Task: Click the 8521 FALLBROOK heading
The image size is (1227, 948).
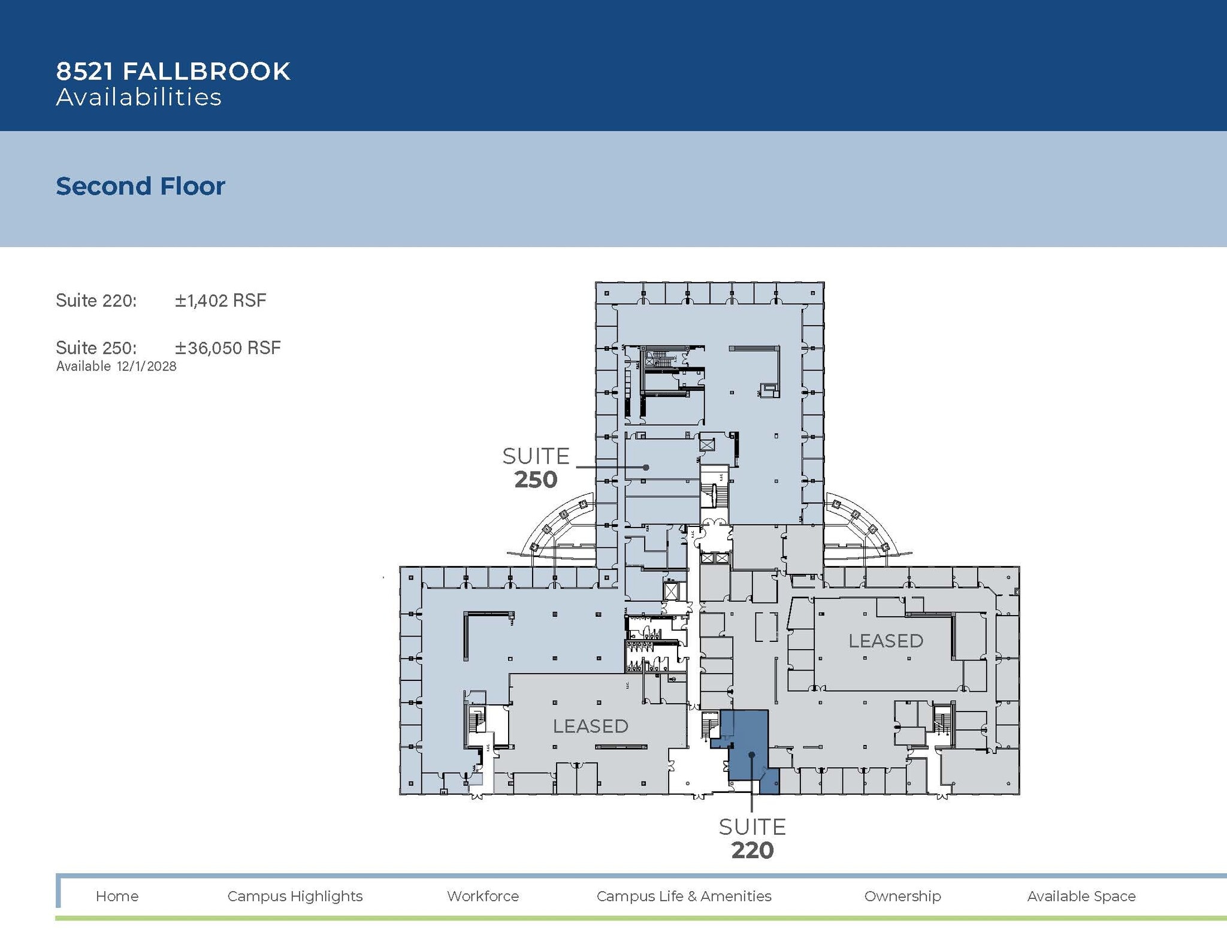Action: (x=173, y=71)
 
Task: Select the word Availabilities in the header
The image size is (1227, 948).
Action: (x=139, y=98)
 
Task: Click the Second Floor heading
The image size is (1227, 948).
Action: (x=140, y=186)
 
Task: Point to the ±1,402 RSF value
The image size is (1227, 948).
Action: (x=220, y=300)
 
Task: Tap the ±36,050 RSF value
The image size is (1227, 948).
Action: (x=228, y=348)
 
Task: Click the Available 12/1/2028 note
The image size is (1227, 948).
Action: (x=116, y=367)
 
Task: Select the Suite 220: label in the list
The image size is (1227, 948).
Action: (x=96, y=300)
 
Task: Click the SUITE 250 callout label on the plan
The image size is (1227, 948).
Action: (x=536, y=468)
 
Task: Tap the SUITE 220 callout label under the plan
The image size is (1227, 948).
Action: (x=752, y=838)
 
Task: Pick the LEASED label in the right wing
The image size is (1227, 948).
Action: (x=886, y=641)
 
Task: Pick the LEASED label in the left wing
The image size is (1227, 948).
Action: (x=590, y=726)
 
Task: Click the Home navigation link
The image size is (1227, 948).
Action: (x=117, y=896)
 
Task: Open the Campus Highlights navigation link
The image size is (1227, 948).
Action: (x=295, y=896)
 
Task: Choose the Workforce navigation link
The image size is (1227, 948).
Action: (x=483, y=896)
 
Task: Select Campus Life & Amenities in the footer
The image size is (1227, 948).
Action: (x=684, y=896)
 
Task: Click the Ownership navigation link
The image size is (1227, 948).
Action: (x=902, y=896)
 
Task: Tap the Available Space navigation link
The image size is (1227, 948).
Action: (x=1081, y=896)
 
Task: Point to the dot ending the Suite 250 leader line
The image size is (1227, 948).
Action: (x=646, y=467)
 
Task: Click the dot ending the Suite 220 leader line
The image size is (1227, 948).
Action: (x=751, y=756)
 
